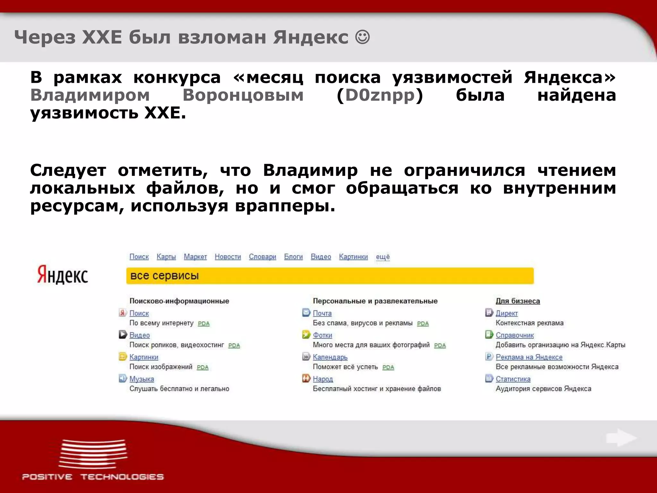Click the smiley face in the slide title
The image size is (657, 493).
[x=363, y=38]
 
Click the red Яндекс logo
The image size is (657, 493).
[x=63, y=275]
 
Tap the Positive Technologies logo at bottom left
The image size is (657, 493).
[x=93, y=459]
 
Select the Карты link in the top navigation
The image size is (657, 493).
[x=166, y=257]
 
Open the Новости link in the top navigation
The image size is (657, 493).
[x=228, y=257]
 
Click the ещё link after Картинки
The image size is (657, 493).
[x=383, y=257]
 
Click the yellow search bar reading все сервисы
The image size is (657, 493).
[x=330, y=276]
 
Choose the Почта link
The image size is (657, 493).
[x=322, y=313]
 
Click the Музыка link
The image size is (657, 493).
[x=141, y=379]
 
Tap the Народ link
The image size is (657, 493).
[x=323, y=379]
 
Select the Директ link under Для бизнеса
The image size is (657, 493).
[x=507, y=313]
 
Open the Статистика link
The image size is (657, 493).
[x=513, y=379]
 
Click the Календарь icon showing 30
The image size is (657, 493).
[x=306, y=357]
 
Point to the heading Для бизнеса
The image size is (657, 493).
[x=517, y=301]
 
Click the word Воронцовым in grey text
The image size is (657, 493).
[x=243, y=95]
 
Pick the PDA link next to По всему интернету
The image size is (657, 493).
[x=203, y=324]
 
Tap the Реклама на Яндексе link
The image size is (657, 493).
[x=529, y=357]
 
